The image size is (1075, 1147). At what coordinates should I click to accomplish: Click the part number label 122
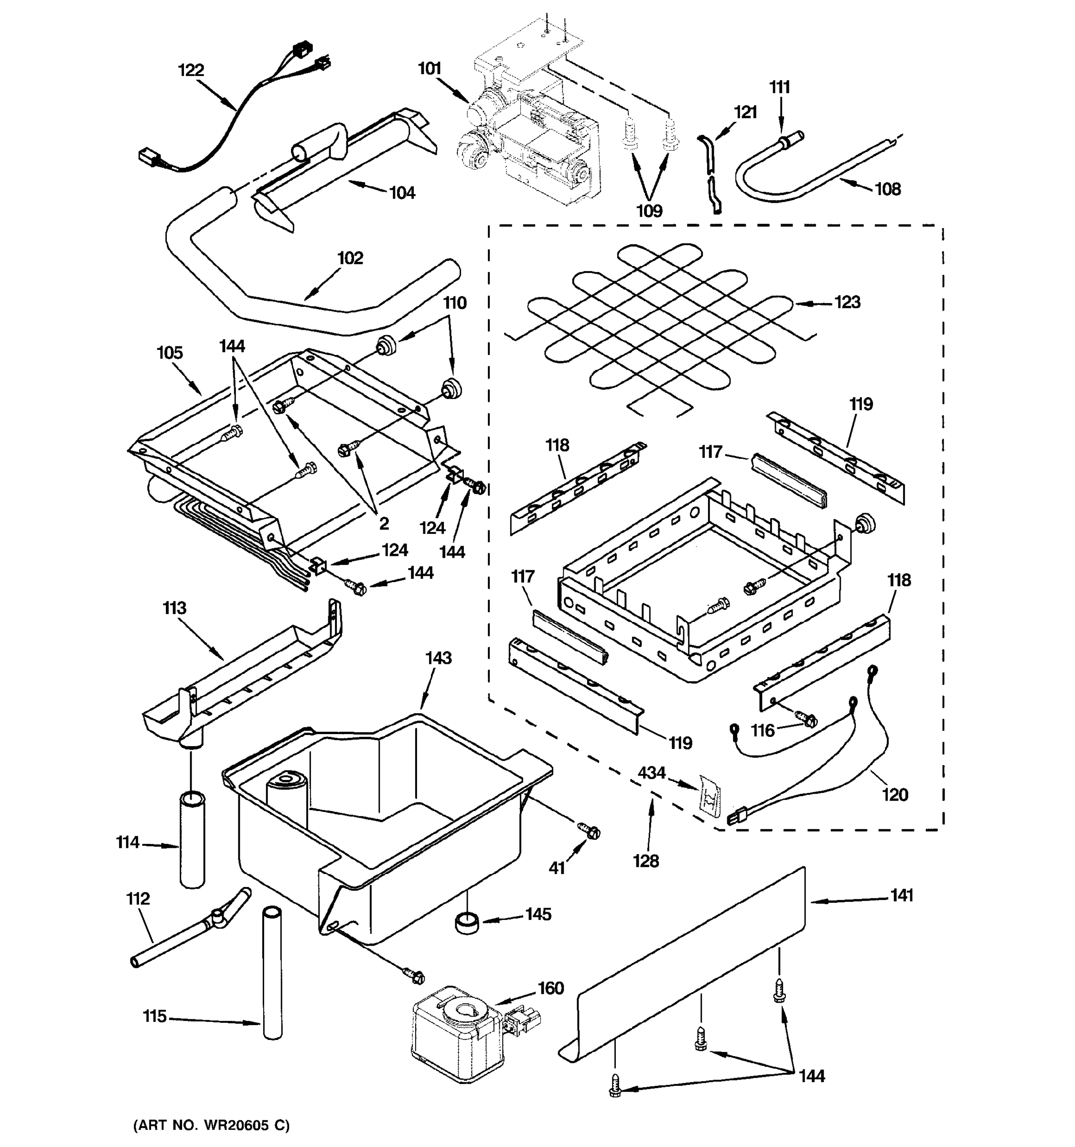(x=191, y=70)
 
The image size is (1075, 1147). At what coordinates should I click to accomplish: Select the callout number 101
(x=429, y=69)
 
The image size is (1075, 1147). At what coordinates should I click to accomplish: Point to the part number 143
(x=438, y=658)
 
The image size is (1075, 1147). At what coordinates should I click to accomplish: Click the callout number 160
(x=550, y=988)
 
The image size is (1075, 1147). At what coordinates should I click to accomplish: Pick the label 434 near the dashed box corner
(x=651, y=772)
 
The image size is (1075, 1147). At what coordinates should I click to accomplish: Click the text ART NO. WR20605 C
(x=212, y=1125)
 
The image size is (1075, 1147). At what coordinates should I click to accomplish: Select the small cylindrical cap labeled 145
(x=467, y=922)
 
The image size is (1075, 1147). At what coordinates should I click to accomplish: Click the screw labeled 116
(x=806, y=719)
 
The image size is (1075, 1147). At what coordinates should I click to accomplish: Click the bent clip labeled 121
(x=711, y=173)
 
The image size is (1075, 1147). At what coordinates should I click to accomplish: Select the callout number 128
(x=645, y=861)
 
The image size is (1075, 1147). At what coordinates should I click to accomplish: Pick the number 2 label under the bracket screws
(x=384, y=523)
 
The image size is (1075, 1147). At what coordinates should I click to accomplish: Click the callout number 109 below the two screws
(x=649, y=211)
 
